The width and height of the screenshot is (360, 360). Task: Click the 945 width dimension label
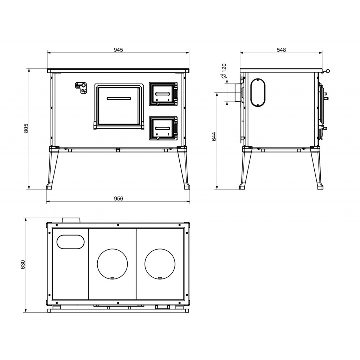118,50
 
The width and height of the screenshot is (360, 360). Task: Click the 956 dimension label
118,198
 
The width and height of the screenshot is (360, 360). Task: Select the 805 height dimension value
26,128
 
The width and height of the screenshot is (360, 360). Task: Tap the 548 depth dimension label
281,50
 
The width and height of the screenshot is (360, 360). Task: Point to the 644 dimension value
214,136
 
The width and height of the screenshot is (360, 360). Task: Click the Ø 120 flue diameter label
224,71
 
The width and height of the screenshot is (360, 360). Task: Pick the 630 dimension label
22,265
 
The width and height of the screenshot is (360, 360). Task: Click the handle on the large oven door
119,98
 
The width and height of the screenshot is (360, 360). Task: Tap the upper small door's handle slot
163,94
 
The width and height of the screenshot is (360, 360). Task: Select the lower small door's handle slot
163,128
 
